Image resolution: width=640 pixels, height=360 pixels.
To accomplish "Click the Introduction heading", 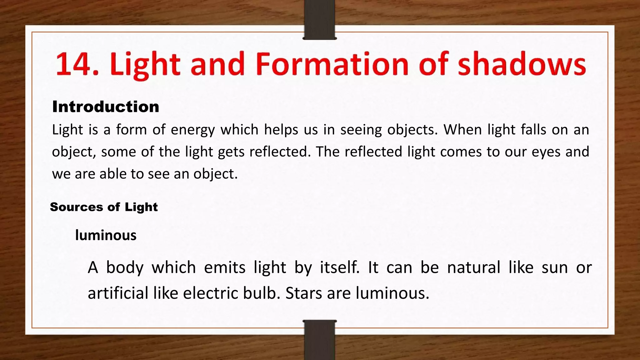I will tap(106, 107).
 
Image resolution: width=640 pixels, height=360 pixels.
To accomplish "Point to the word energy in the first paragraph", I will tap(193, 130).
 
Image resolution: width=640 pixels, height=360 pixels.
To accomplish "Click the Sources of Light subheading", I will tap(104, 207).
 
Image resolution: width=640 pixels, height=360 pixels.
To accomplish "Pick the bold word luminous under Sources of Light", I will tap(106, 235).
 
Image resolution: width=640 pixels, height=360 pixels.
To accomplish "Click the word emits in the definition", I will tap(225, 268).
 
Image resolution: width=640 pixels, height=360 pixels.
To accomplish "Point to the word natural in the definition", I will tap(473, 268).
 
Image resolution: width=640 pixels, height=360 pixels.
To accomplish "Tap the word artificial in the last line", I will tap(118, 293).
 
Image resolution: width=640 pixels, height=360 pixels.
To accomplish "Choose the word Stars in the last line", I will tap(303, 293).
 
